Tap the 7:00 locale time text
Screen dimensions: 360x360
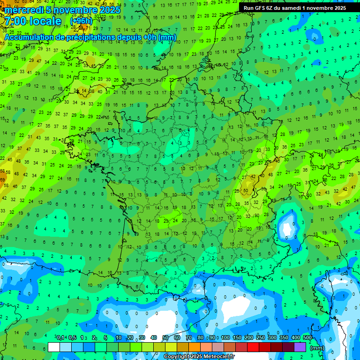(33, 22)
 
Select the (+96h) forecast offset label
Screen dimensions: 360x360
(81, 21)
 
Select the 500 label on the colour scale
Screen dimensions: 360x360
(307, 337)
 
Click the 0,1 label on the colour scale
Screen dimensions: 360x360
(60, 337)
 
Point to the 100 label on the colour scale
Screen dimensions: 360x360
(225, 337)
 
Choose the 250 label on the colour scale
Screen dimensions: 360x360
(261, 337)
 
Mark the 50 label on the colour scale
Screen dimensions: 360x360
(165, 337)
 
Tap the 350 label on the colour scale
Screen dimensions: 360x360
(284, 337)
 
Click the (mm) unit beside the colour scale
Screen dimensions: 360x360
(317, 348)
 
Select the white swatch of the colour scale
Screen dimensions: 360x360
(54, 347)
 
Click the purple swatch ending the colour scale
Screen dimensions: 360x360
(300, 347)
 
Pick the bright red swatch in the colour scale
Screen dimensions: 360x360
(253, 347)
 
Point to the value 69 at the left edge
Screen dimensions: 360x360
(2, 179)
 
